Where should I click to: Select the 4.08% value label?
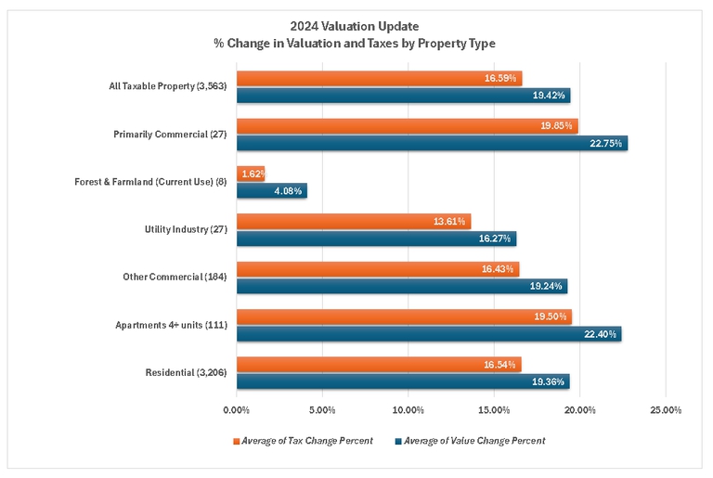click(x=290, y=190)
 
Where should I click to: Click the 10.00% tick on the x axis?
click(x=408, y=409)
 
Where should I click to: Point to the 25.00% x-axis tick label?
click(x=666, y=409)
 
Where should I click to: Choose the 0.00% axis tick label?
click(x=237, y=409)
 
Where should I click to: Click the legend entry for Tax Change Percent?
click(x=306, y=441)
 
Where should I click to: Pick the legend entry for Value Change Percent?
click(x=474, y=441)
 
